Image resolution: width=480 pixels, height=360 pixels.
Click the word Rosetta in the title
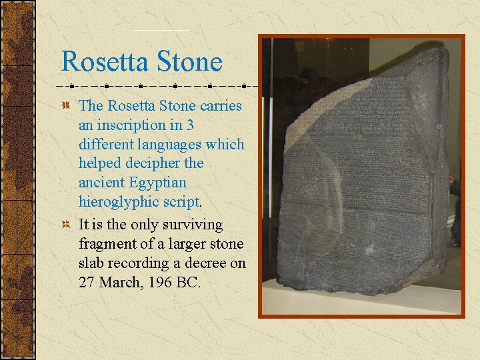(107, 61)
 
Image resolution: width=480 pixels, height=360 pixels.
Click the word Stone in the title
(191, 61)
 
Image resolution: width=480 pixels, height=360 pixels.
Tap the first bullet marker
(65, 107)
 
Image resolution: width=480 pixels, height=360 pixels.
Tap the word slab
(91, 263)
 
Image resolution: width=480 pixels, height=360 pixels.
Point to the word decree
(206, 263)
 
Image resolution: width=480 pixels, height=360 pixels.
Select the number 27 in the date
(87, 283)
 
